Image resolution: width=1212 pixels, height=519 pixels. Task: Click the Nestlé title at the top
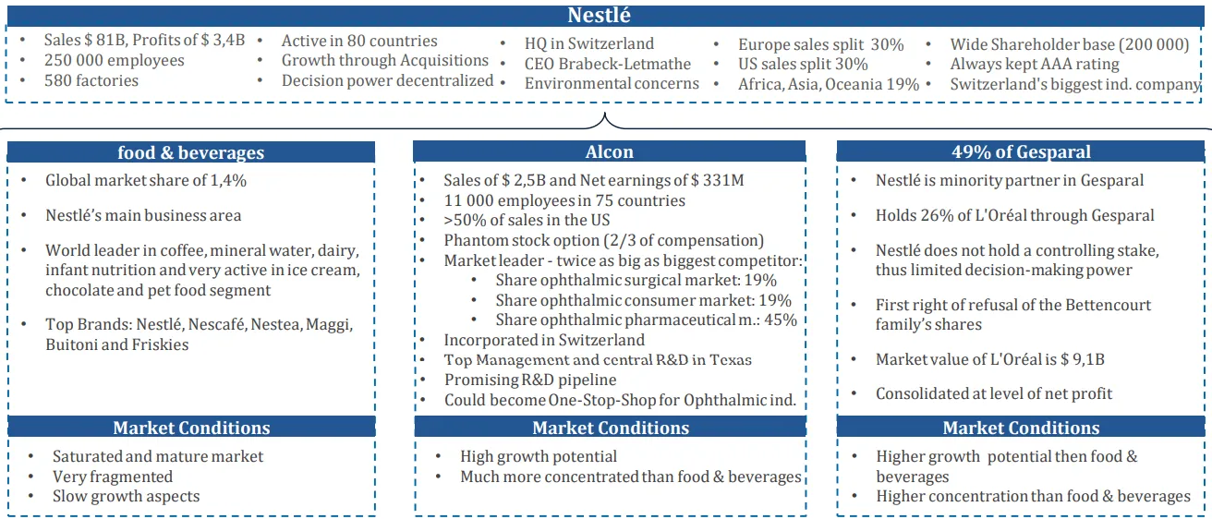click(600, 16)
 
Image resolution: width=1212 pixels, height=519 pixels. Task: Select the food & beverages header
click(190, 152)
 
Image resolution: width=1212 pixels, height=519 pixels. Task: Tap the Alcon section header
click(609, 151)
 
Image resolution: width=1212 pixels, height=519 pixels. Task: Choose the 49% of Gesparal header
click(1021, 151)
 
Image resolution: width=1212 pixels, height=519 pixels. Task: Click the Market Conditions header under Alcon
click(611, 428)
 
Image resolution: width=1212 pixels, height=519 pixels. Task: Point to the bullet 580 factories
click(91, 80)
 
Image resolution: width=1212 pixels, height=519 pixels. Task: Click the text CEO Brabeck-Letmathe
click(607, 64)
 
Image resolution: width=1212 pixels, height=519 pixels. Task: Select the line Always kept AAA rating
click(1035, 64)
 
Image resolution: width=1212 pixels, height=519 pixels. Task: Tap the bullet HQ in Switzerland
click(588, 43)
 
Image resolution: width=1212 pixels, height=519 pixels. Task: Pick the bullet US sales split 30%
click(803, 64)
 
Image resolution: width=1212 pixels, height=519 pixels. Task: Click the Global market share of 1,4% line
click(146, 180)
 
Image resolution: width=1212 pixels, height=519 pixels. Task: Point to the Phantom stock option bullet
click(603, 240)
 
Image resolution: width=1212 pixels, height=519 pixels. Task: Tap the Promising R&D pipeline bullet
click(529, 380)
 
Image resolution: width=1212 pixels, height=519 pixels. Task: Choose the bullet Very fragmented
click(113, 477)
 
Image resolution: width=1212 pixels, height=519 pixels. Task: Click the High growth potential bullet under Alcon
click(539, 456)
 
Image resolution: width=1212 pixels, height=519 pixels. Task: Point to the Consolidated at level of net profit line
click(993, 393)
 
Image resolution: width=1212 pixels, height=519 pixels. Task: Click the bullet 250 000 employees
click(114, 60)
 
